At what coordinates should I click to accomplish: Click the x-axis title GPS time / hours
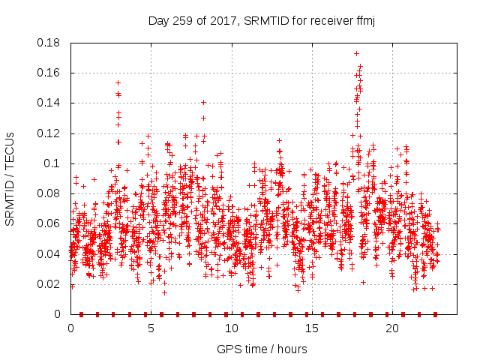(x=262, y=349)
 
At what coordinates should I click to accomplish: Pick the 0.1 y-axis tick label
(x=54, y=163)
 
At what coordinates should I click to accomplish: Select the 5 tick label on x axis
(x=151, y=329)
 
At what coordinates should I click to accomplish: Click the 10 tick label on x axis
(x=231, y=329)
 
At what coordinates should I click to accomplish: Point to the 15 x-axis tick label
(x=311, y=329)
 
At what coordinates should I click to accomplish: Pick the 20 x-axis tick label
(x=391, y=329)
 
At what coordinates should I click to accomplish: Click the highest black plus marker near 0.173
(x=356, y=53)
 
